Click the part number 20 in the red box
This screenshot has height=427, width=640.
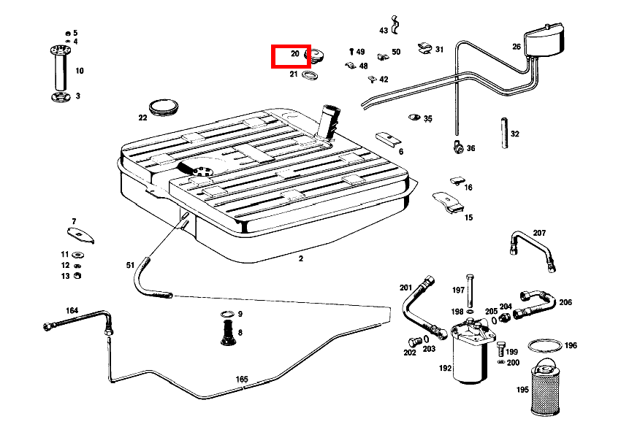[x=295, y=54]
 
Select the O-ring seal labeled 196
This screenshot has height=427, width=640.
[x=544, y=345]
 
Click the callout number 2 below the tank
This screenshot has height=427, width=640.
[x=300, y=258]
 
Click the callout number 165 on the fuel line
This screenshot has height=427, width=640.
[x=242, y=379]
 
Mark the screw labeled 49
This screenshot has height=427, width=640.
[x=351, y=52]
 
